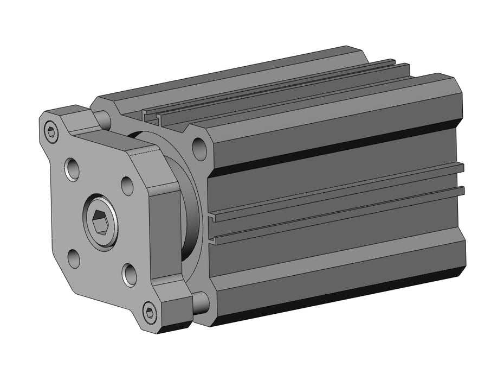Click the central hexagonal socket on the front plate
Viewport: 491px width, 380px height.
tap(100, 221)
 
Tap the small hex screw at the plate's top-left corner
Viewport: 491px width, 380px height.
tap(51, 131)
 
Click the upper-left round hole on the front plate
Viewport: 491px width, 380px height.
tap(72, 169)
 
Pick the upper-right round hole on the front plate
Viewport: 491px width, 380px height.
tap(127, 186)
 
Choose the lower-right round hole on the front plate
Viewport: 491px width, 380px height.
tap(129, 274)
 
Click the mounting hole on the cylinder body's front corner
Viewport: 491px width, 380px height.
tap(199, 148)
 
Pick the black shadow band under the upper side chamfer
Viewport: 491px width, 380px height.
tap(336, 146)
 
